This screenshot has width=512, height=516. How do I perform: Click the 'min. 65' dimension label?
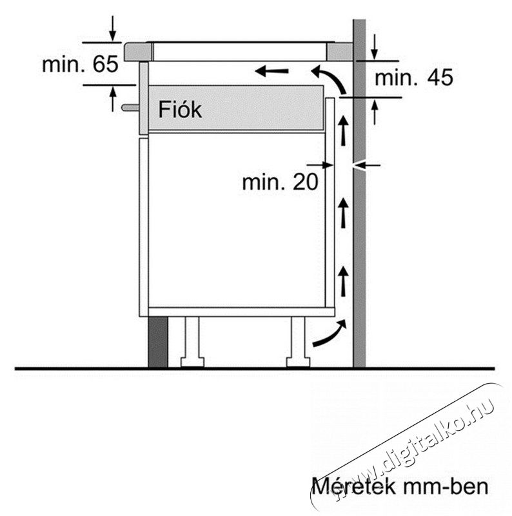tap(80, 64)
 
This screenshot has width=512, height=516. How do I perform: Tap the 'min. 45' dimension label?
tap(414, 78)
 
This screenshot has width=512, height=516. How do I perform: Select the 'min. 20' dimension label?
tap(280, 182)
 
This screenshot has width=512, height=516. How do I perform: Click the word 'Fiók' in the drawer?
tap(180, 110)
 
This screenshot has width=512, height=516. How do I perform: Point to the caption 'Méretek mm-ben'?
tap(400, 486)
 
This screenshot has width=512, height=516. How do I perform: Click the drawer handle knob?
tap(130, 107)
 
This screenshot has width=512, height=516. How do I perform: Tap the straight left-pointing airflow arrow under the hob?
tap(271, 71)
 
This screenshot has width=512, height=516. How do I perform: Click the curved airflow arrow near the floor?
tap(330, 333)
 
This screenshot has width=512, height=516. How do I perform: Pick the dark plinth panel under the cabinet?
tap(158, 342)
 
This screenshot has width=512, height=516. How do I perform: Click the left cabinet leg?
tap(192, 342)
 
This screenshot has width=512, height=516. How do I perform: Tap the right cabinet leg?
tap(298, 342)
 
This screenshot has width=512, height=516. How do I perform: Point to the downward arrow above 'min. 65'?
tap(113, 28)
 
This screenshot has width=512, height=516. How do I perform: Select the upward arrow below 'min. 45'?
tap(374, 112)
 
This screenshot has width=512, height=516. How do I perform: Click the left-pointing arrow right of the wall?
tap(367, 165)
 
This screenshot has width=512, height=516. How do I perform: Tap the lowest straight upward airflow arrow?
tap(344, 281)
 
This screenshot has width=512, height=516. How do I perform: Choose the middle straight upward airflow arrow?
tap(344, 213)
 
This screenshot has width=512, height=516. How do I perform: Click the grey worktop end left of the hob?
tap(138, 52)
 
